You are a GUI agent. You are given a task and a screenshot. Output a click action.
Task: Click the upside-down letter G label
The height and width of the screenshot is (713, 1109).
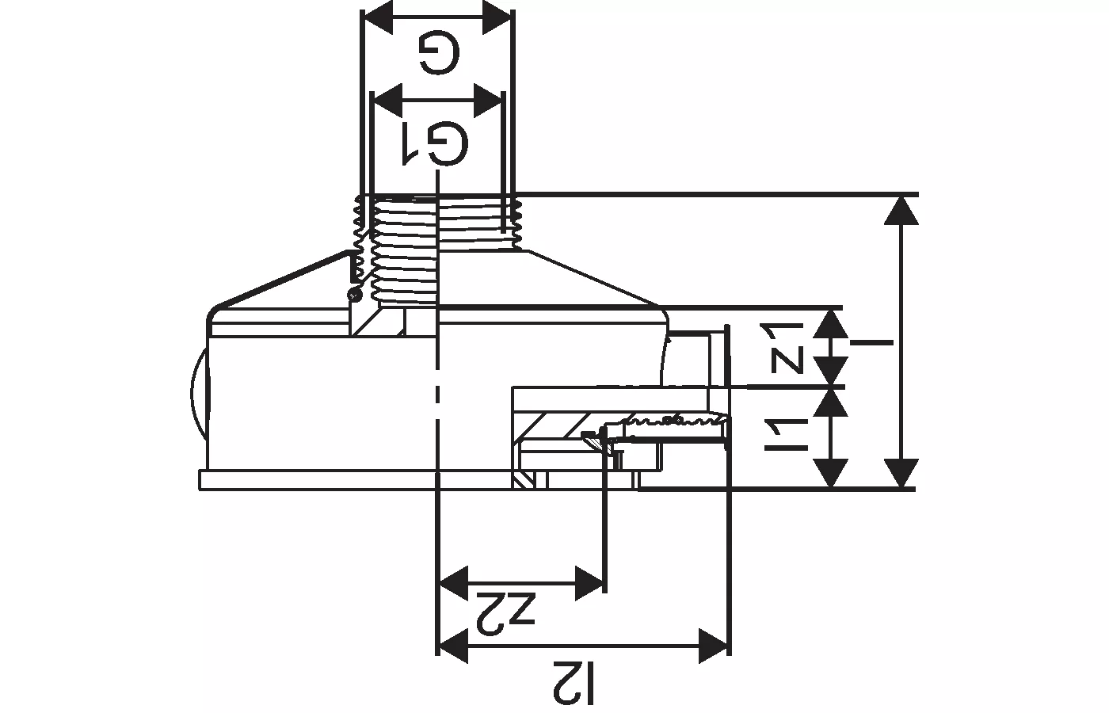(x=439, y=53)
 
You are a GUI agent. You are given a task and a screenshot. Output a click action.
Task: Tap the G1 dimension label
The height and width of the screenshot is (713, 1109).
(x=435, y=143)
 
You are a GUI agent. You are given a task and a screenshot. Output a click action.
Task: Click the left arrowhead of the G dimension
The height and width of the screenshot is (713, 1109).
(x=377, y=17)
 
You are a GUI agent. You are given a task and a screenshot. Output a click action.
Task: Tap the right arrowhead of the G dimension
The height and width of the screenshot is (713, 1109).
(x=497, y=17)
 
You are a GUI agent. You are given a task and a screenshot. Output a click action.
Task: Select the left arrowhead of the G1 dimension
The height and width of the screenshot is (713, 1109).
(x=387, y=101)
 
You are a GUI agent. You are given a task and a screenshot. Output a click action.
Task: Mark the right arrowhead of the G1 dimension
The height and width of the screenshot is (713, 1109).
(x=488, y=101)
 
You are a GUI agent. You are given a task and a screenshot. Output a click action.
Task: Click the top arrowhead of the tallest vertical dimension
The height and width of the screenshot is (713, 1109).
(x=901, y=211)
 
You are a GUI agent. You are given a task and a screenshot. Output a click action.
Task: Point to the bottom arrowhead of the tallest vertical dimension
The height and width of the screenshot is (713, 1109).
(x=901, y=473)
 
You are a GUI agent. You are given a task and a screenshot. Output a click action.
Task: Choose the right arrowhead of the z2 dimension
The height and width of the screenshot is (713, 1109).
(x=589, y=583)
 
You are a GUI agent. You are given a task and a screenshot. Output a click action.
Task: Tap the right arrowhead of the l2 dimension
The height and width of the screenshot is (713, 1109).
(x=714, y=646)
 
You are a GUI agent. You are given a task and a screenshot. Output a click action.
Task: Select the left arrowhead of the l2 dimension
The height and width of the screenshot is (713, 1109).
(x=453, y=646)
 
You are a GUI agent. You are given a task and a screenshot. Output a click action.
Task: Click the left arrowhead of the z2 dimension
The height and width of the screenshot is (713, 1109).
(x=453, y=583)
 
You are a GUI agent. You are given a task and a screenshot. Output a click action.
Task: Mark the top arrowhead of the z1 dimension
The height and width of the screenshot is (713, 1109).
(x=831, y=324)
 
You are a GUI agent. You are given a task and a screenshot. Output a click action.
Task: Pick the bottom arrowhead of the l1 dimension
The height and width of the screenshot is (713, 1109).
(x=831, y=473)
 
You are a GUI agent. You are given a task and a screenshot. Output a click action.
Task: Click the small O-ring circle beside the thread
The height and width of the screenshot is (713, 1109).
(x=355, y=295)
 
